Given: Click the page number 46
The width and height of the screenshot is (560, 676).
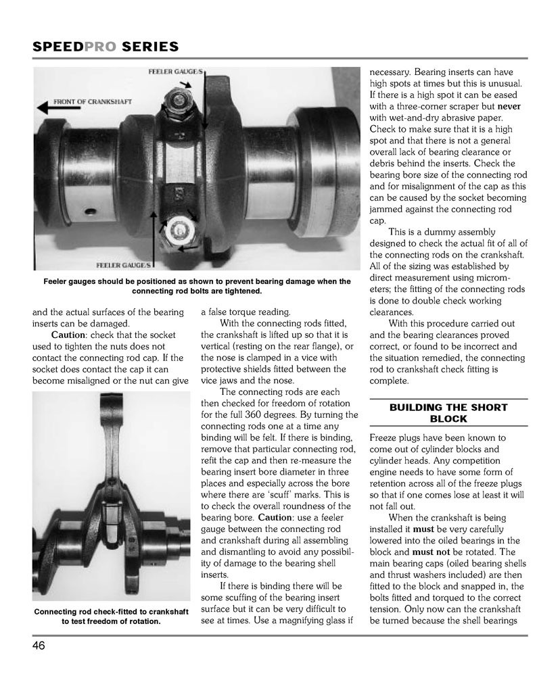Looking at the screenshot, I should (x=39, y=646).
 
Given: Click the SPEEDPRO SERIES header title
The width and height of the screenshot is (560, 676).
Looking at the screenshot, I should (x=106, y=47).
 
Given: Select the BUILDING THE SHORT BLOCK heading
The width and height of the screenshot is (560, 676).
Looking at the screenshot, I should (x=448, y=413).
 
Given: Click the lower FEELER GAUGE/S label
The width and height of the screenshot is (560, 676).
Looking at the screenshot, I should (x=124, y=266).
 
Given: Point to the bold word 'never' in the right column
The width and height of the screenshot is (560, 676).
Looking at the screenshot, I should (x=512, y=106).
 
